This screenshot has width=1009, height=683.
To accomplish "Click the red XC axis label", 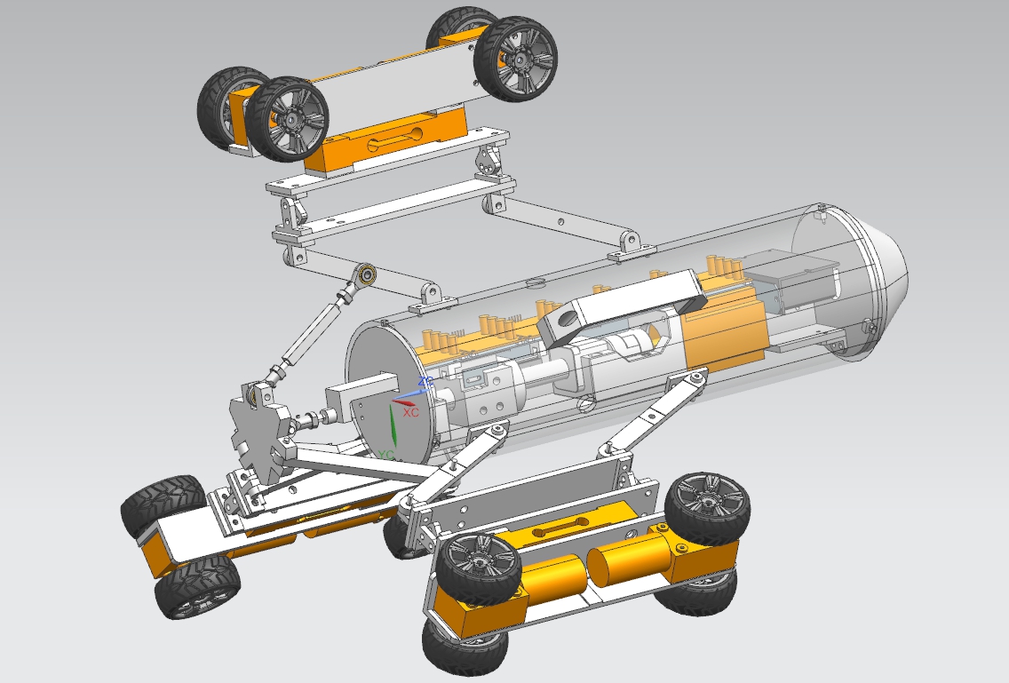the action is pyautogui.click(x=410, y=412).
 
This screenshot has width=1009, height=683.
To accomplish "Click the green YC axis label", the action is pyautogui.click(x=385, y=455).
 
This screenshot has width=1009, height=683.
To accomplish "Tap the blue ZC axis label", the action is pyautogui.click(x=425, y=382).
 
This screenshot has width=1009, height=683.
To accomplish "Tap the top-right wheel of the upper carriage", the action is pyautogui.click(x=515, y=59).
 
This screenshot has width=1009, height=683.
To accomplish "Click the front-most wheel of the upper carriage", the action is pyautogui.click(x=287, y=118).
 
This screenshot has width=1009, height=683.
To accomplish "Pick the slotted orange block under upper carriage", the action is pyautogui.click(x=393, y=141).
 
